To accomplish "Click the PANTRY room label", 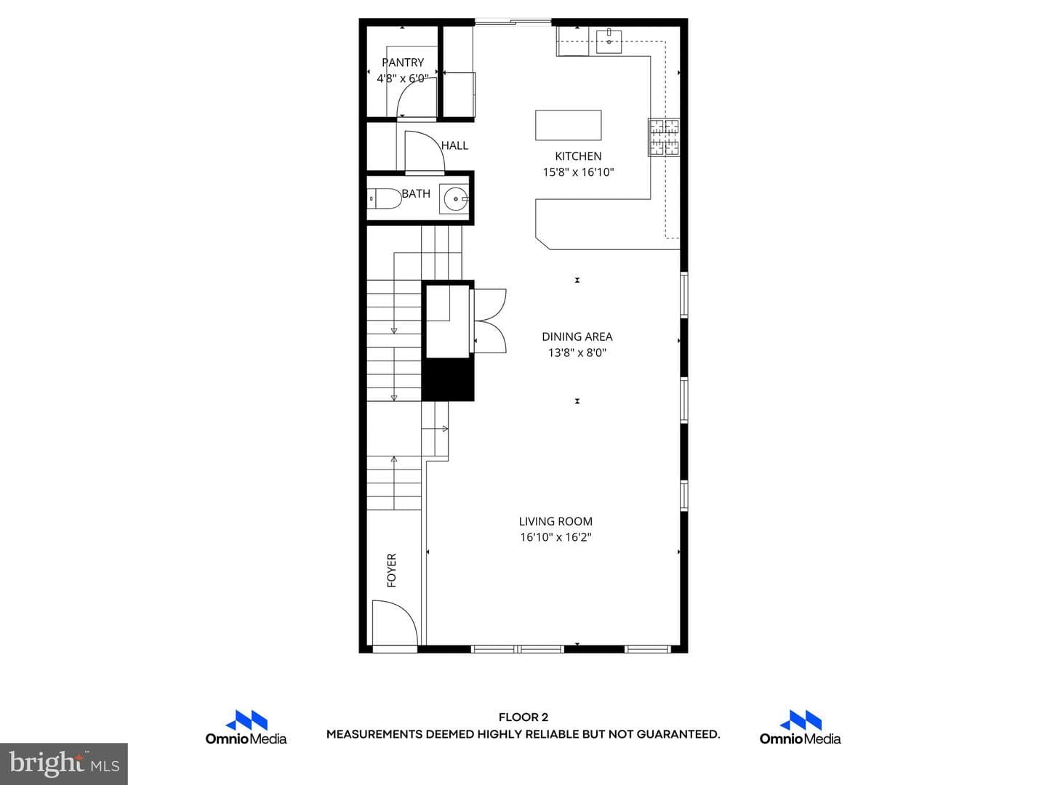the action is pos(403,63).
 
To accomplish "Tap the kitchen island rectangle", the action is pos(568,125).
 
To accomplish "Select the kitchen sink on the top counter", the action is pos(609,41).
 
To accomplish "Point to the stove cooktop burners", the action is pos(664,137).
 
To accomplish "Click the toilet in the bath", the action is pos(384,198).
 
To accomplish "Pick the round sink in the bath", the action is pos(455,198).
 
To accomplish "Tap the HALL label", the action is pos(454,145).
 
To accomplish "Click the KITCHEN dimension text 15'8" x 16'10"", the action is pos(578,172).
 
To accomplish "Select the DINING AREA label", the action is pos(577,337).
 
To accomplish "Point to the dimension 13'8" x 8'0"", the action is pos(577,353).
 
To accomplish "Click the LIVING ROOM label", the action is pos(555,521).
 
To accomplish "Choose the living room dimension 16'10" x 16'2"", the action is pos(555,537).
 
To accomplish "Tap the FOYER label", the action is pos(392,570).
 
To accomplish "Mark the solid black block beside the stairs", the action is pos(447,379).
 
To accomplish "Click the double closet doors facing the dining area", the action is pos(489,321).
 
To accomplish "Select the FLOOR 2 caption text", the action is pos(523,717).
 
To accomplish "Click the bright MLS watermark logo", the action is pos(64,763).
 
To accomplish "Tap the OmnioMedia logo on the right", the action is pos(800,728).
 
